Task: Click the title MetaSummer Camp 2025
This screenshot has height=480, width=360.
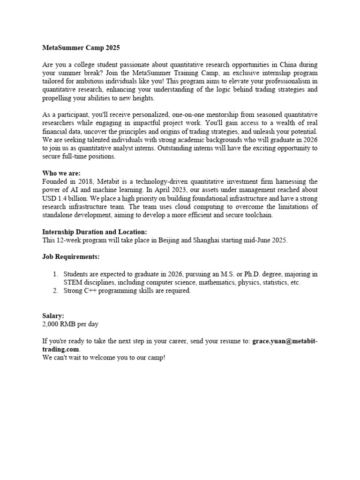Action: (x=81, y=48)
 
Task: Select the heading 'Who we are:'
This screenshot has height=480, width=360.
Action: (x=61, y=173)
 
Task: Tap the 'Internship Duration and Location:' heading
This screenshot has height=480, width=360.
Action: (x=95, y=232)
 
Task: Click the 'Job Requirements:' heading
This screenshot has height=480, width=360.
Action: (x=71, y=257)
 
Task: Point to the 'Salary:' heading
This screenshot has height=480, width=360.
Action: (x=53, y=316)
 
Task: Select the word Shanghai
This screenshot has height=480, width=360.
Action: (x=207, y=240)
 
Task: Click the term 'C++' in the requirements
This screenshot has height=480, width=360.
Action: (x=90, y=291)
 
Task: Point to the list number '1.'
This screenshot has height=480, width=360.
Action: (x=55, y=274)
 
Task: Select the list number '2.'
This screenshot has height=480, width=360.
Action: (x=55, y=291)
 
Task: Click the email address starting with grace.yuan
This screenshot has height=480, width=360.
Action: (x=285, y=341)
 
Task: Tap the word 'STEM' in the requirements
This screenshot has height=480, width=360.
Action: (x=73, y=282)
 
